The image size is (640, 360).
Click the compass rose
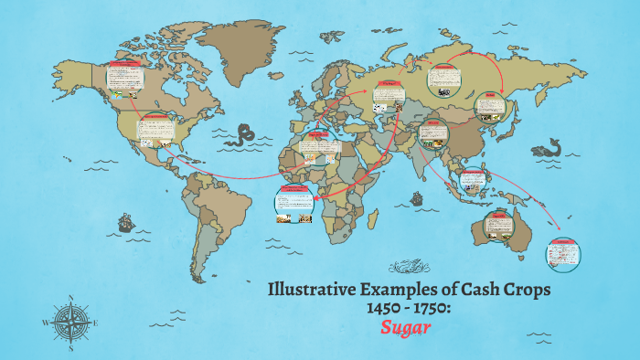coord(70,323)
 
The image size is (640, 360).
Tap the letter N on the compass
coord(70,298)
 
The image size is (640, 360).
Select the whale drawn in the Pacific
coord(552,148)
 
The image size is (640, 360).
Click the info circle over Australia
coord(498,225)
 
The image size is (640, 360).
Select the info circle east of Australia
coord(560,253)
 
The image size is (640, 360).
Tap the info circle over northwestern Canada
coord(122,80)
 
